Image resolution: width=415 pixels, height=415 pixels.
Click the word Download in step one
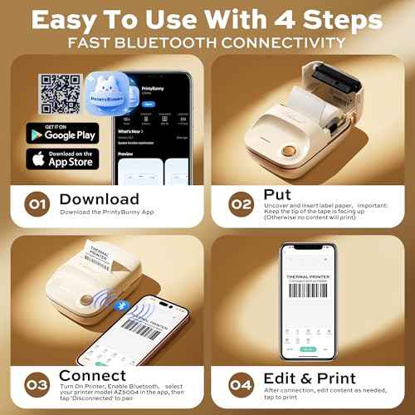pyautogui.click(x=99, y=199)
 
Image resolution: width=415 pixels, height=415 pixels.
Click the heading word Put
pyautogui.click(x=278, y=193)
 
